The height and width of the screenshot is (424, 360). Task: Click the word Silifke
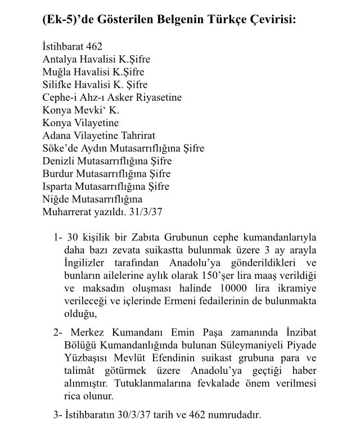(x=57, y=84)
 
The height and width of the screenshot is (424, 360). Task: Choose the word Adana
(x=56, y=136)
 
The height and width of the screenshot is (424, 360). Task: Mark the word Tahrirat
(x=136, y=136)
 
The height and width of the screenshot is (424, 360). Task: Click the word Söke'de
(x=58, y=149)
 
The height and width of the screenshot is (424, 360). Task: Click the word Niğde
(x=55, y=199)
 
